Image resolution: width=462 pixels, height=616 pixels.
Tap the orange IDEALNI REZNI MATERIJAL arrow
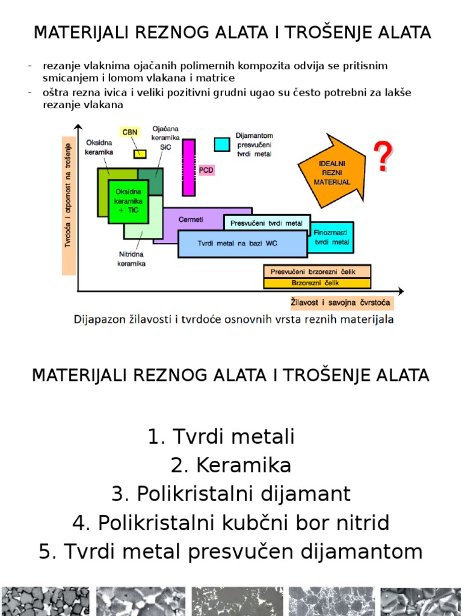click(331, 172)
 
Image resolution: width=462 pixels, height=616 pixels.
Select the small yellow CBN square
click(140, 153)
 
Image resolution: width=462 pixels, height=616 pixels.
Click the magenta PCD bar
click(189, 167)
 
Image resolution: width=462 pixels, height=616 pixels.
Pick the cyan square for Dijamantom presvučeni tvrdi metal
click(223, 144)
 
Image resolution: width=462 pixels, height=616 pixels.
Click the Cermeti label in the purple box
click(191, 220)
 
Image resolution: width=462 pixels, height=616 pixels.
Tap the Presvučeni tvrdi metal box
click(266, 223)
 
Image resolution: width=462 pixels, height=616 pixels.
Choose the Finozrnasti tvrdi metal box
click(331, 237)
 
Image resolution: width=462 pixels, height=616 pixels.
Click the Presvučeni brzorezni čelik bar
click(317, 271)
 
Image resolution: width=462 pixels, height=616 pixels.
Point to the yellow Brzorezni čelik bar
click(317, 283)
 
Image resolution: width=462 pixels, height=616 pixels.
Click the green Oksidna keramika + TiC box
click(128, 201)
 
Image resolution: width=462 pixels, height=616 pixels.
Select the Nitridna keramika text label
click(132, 259)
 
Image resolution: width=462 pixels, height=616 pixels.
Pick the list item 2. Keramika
click(231, 465)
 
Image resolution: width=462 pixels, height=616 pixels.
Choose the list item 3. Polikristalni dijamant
click(231, 494)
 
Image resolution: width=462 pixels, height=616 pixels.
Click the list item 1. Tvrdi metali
click(221, 437)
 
